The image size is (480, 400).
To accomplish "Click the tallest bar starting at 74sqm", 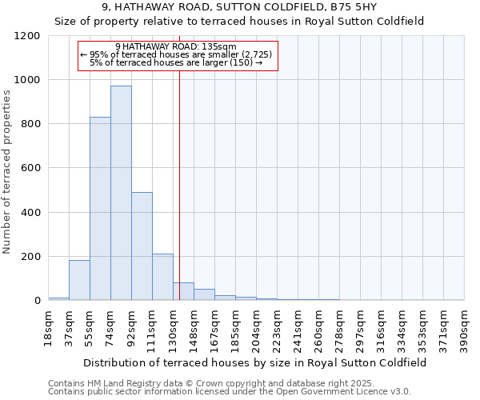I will tap(121, 192).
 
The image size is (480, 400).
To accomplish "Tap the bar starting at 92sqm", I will tap(142, 246).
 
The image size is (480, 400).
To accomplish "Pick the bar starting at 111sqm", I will tap(162, 277).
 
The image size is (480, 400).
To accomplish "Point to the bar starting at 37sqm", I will tap(79, 280).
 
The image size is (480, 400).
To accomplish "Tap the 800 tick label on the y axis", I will tap(31, 124).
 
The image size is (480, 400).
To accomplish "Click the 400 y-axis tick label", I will tap(31, 213).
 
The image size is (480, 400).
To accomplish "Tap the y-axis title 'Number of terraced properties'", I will tap(7, 172).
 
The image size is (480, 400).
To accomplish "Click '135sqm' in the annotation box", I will tap(219, 46).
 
